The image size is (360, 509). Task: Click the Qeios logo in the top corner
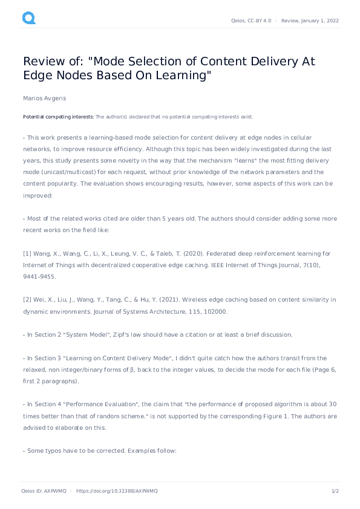[28, 19]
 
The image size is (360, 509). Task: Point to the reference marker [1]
[27, 253]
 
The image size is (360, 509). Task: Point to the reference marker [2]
[27, 300]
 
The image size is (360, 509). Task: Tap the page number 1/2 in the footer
[335, 491]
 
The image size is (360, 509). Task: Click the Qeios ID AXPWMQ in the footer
[43, 491]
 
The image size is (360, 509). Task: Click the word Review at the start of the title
[42, 62]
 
